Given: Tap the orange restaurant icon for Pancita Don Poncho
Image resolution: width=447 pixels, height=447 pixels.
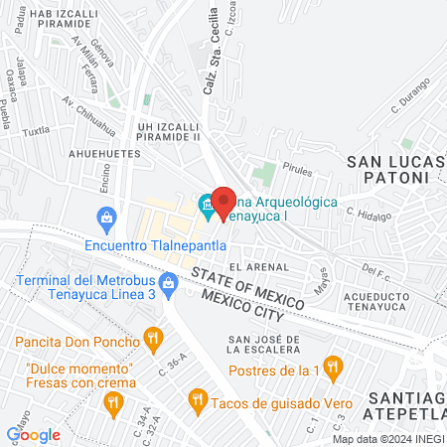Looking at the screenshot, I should pos(152,341).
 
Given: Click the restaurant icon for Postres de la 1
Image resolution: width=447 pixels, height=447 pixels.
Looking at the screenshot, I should pos(335,364).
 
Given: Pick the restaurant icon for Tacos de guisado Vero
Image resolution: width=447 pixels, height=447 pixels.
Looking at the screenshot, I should pos(197,400).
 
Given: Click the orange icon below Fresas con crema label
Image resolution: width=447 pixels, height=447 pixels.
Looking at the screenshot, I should pos(113,402).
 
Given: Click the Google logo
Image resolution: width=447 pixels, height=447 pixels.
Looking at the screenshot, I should pos(33,434).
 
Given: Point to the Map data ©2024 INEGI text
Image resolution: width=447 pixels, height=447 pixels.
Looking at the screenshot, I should pos(387,439).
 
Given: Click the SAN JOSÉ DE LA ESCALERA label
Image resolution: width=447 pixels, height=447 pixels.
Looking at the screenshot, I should pos(272,342).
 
